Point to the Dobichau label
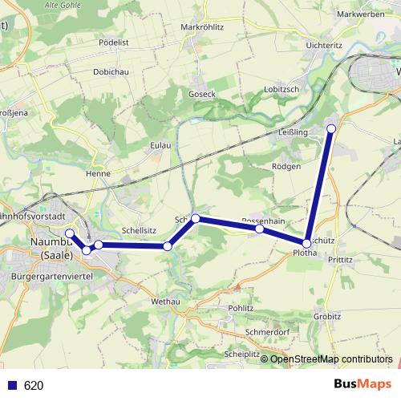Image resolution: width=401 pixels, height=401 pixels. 111,71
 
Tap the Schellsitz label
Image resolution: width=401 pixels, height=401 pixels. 138,229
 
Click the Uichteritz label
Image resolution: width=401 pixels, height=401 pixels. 325,46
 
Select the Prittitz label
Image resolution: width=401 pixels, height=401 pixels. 339,260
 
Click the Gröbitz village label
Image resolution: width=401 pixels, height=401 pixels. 327,316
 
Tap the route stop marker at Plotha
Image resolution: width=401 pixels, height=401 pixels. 307,242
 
